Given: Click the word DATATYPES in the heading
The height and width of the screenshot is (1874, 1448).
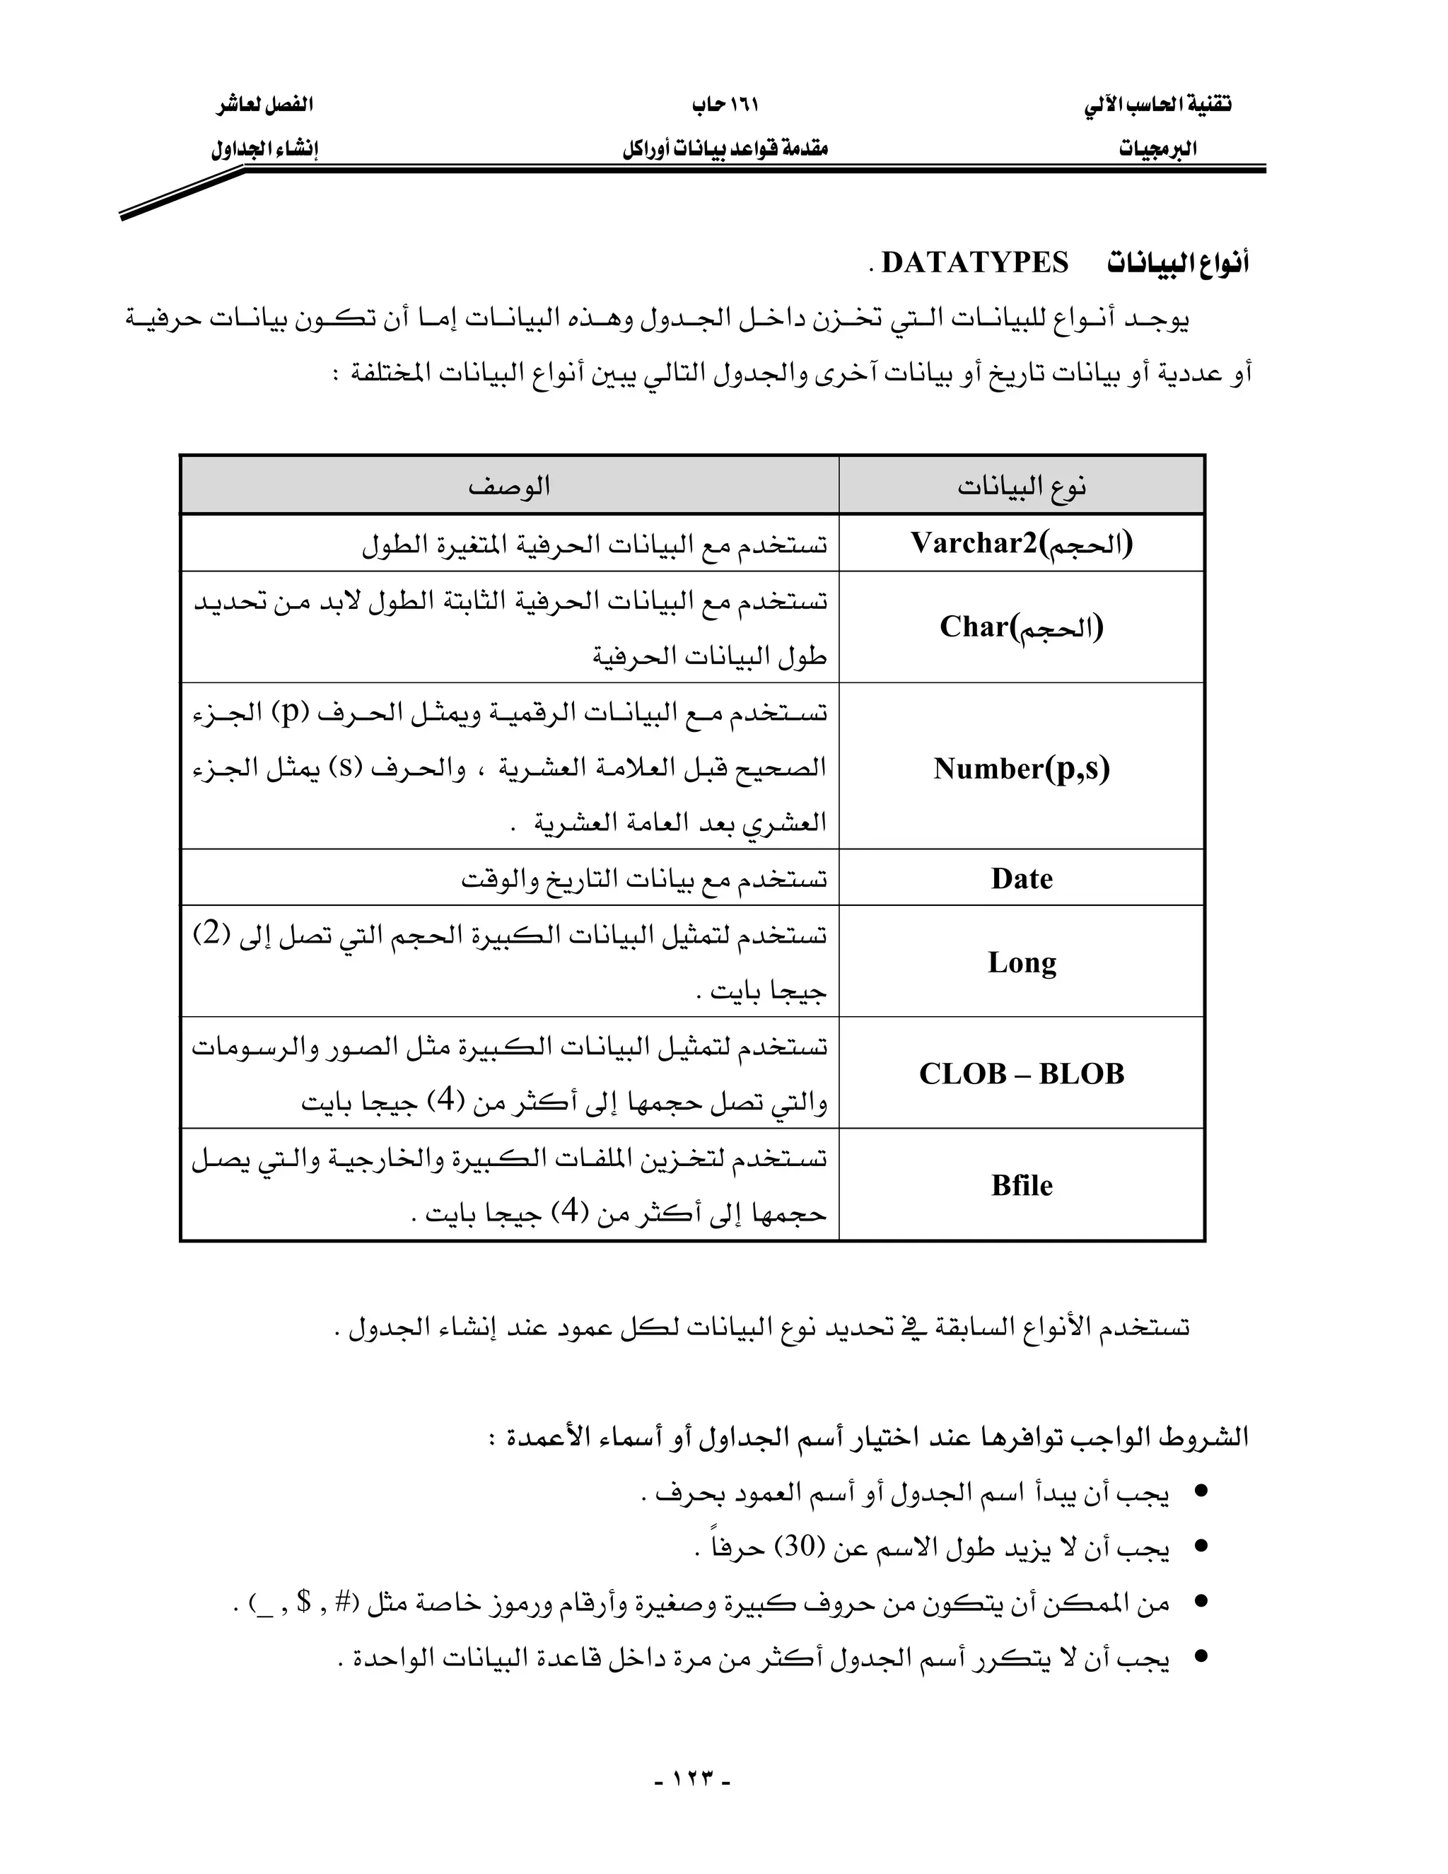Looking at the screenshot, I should tap(974, 262).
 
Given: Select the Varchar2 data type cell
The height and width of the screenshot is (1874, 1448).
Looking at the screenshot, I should tap(1021, 543).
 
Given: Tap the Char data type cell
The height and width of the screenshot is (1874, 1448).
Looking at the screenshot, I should tap(1021, 627).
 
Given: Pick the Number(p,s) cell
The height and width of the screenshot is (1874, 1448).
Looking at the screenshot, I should tap(1021, 768).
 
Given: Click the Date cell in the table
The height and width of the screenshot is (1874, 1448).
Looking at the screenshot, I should tap(1021, 878).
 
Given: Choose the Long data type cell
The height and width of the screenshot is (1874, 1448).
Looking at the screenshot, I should tap(1021, 962).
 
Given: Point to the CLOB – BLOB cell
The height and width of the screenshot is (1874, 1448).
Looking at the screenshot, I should tap(1021, 1073).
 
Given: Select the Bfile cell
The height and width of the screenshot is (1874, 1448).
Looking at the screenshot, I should tap(1021, 1185).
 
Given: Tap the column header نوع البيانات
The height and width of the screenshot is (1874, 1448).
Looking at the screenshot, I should tap(1021, 487).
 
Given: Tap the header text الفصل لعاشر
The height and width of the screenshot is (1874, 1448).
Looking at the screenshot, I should tap(264, 105).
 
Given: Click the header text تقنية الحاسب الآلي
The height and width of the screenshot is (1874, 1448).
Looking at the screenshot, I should tap(1157, 105).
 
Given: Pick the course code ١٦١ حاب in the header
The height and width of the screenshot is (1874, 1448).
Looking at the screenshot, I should tap(725, 105).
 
